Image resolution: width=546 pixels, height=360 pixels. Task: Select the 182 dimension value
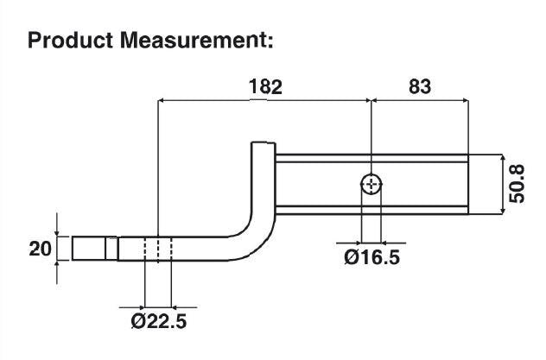(265, 86)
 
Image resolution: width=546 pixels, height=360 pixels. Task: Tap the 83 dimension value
(417, 86)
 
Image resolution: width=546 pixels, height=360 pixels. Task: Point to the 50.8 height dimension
(517, 183)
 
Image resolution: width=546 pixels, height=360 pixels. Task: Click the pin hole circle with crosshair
(371, 184)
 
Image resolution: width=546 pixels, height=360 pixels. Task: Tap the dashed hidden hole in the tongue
(157, 250)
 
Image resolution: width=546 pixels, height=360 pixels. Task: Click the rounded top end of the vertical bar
(262, 148)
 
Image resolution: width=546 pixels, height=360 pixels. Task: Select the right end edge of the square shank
(467, 184)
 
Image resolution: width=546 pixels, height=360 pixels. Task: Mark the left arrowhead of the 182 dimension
(162, 101)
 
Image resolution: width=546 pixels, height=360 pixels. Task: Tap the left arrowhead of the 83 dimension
(375, 101)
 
